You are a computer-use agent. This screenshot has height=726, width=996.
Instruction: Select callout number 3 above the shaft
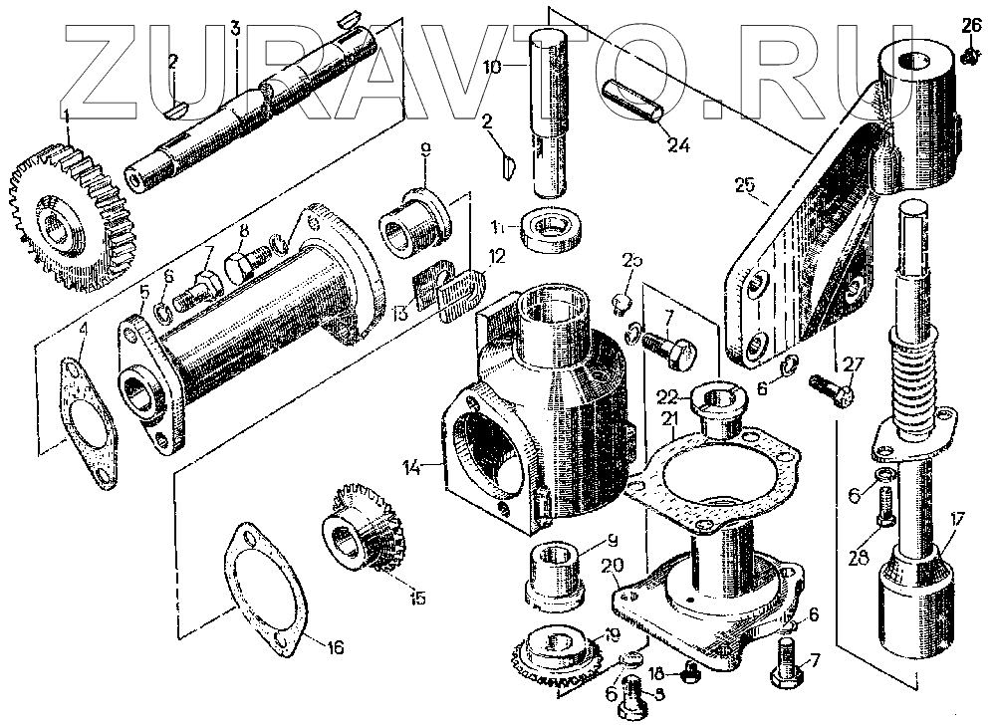[235, 28]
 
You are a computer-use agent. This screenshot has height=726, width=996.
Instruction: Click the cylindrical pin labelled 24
[635, 103]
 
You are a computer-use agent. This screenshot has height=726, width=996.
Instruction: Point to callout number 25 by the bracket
[746, 186]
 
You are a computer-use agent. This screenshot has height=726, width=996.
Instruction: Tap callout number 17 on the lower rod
[955, 519]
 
